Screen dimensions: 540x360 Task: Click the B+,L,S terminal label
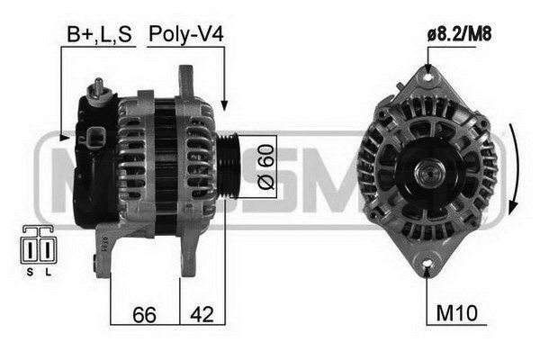pos(99,34)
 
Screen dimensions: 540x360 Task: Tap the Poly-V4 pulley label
pos(186,34)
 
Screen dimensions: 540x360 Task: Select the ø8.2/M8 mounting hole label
pos(459,34)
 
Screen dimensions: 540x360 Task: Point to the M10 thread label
pos(456,313)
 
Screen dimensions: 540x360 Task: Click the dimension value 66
pos(144,314)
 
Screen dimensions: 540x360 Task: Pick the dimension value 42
pos(202,314)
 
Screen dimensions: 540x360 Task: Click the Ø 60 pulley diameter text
pos(266,166)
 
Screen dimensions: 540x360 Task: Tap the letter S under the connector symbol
pos(30,272)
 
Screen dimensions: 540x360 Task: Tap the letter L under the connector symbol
pos(49,272)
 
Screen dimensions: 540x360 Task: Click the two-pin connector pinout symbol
pos(39,245)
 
